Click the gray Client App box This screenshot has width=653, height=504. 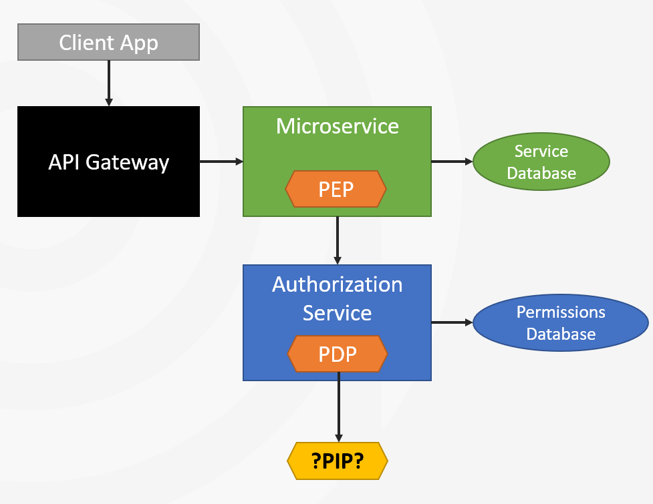[x=108, y=42]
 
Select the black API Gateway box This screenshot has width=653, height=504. [x=108, y=162]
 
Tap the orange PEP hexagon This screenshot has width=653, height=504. [x=336, y=189]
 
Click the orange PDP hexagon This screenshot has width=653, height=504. [x=338, y=354]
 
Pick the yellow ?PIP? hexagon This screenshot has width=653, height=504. [x=338, y=461]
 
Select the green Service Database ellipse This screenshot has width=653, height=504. [x=541, y=162]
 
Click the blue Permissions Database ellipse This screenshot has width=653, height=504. [x=561, y=322]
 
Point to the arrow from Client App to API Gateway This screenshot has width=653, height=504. [x=109, y=83]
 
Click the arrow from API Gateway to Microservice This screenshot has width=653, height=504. [x=221, y=162]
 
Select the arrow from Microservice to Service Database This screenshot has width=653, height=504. [x=452, y=162]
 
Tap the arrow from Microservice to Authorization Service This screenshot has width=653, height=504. [x=338, y=240]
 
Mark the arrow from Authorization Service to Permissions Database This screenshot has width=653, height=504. [x=452, y=322]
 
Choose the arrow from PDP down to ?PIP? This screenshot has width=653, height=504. [x=339, y=407]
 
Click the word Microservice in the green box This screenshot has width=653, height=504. [x=338, y=126]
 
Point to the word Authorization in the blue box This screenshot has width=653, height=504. [x=338, y=284]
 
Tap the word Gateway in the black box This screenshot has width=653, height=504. [x=128, y=163]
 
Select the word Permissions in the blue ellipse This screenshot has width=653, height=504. [x=561, y=312]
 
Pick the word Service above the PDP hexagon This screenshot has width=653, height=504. [x=338, y=312]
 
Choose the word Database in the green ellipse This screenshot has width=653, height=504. [x=541, y=173]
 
